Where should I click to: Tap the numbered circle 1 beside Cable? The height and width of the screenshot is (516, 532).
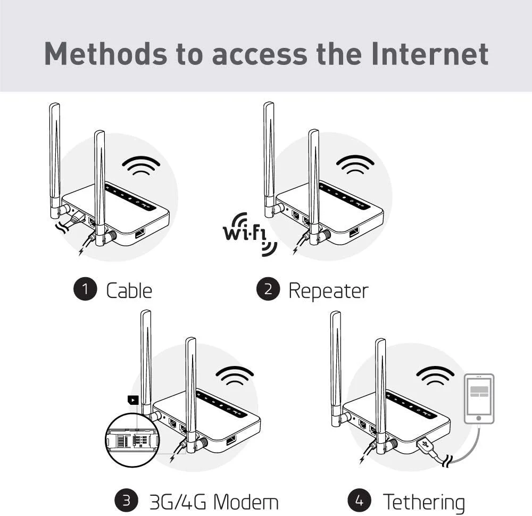click(85, 289)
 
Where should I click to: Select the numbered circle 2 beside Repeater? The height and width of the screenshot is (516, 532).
click(268, 289)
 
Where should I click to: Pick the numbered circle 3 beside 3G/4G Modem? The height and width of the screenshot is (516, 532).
click(127, 500)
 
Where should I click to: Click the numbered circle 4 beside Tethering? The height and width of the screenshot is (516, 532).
click(360, 500)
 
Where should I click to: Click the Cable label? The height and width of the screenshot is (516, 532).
click(129, 290)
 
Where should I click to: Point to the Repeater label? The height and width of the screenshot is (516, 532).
click(328, 290)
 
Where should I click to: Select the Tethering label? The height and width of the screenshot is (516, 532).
click(423, 501)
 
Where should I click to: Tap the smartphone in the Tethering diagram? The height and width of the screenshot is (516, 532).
click(479, 399)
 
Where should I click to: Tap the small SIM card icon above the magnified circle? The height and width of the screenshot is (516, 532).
click(132, 401)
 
